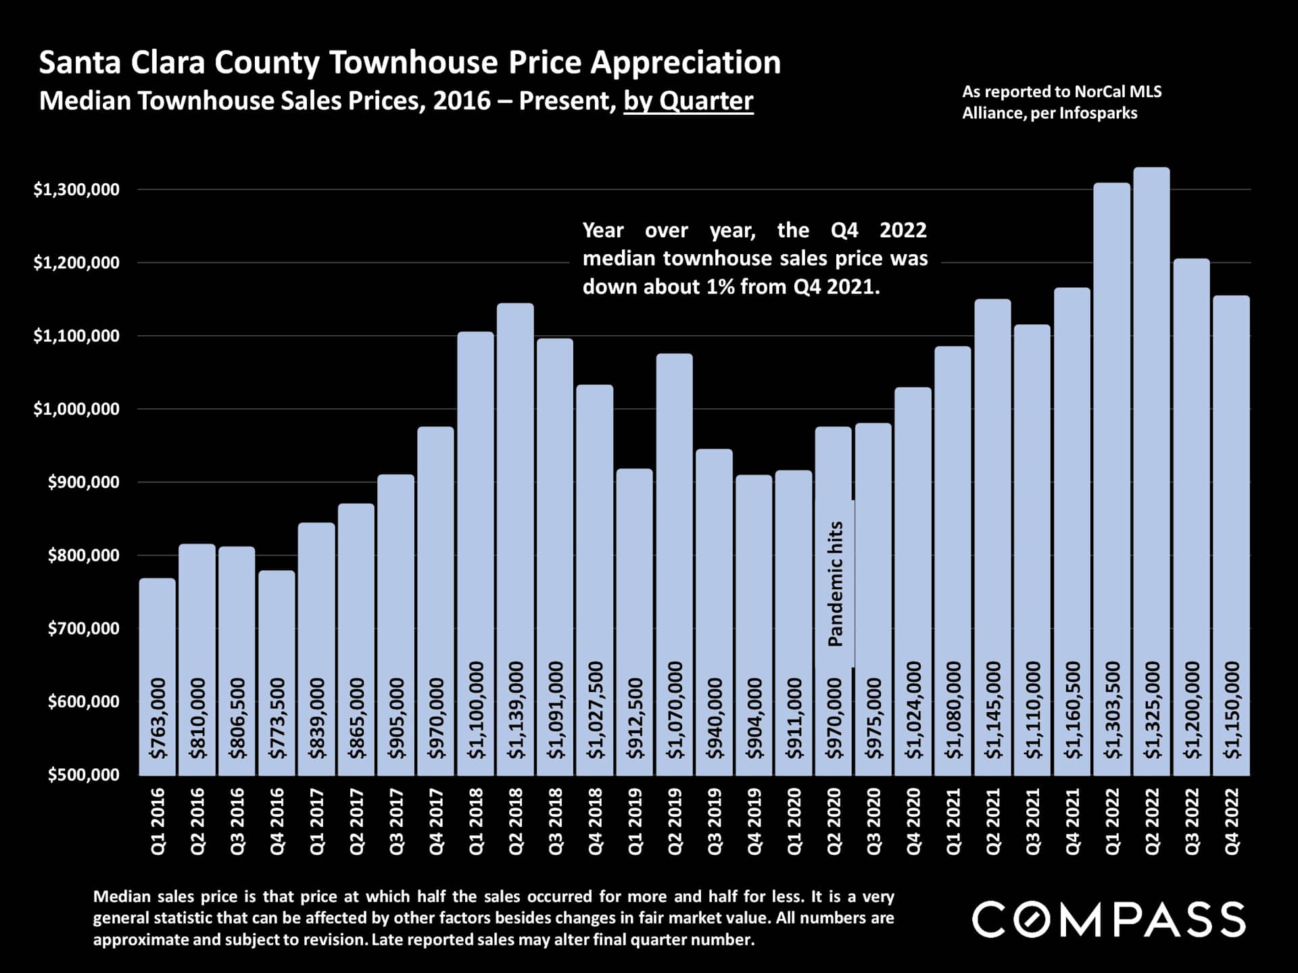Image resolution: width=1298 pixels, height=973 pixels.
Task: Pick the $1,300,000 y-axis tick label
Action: (x=76, y=190)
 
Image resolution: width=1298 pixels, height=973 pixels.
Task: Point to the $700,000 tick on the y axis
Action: (x=83, y=628)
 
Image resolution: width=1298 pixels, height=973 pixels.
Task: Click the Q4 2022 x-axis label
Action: (x=1232, y=821)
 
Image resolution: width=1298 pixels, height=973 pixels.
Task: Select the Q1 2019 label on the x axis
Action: (x=635, y=821)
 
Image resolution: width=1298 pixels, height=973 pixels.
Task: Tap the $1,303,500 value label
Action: (x=1112, y=709)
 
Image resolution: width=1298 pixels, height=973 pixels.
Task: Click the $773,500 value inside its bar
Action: (x=277, y=718)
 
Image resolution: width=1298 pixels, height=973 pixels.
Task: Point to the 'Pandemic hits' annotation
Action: (x=836, y=584)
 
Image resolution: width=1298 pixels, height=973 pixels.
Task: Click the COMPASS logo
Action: (x=1109, y=920)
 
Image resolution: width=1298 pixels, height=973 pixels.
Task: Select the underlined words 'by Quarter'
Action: (x=688, y=101)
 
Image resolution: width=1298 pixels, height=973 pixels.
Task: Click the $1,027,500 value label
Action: (x=595, y=709)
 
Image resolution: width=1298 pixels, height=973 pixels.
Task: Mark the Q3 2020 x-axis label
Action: (x=873, y=821)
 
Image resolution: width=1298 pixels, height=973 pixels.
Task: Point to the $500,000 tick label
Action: (x=83, y=775)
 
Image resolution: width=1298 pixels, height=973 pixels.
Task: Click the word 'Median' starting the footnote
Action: (x=122, y=897)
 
